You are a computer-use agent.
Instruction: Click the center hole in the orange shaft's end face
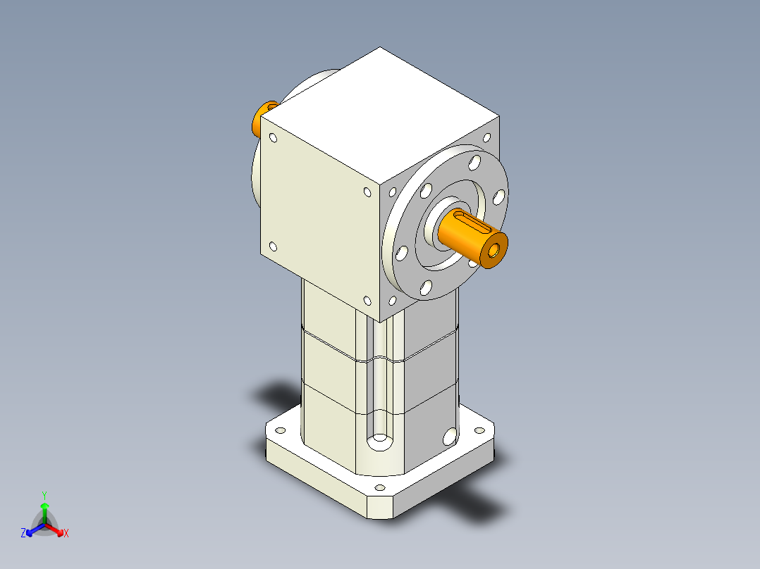[x=496, y=250]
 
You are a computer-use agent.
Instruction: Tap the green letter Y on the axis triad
[x=44, y=494]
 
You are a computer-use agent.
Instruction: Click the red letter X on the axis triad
[x=66, y=534]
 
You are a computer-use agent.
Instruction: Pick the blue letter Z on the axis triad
[x=23, y=534]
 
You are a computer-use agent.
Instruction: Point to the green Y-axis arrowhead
[x=44, y=506]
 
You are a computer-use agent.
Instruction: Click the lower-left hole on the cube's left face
[x=273, y=246]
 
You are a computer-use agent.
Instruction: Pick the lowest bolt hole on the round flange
[x=426, y=287]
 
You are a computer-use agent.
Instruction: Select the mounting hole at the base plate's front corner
[x=380, y=487]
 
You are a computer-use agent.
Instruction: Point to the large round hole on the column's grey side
[x=448, y=436]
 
